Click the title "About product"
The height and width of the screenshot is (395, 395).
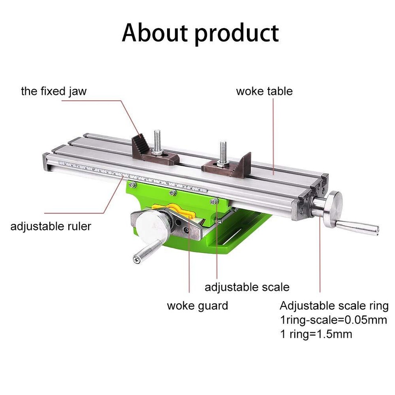tap(200, 33)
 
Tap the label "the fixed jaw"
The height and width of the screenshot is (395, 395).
tap(54, 91)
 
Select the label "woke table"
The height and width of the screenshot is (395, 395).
tap(264, 91)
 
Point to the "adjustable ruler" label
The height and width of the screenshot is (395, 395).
tap(51, 226)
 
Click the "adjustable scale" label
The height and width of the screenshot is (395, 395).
tap(247, 287)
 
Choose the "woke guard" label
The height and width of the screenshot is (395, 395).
tap(197, 306)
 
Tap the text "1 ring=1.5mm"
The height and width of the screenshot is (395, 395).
tap(316, 334)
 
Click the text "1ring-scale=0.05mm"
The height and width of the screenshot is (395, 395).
tap(333, 320)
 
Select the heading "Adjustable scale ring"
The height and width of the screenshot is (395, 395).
tap(334, 306)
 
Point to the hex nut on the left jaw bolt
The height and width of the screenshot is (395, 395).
tap(157, 153)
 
